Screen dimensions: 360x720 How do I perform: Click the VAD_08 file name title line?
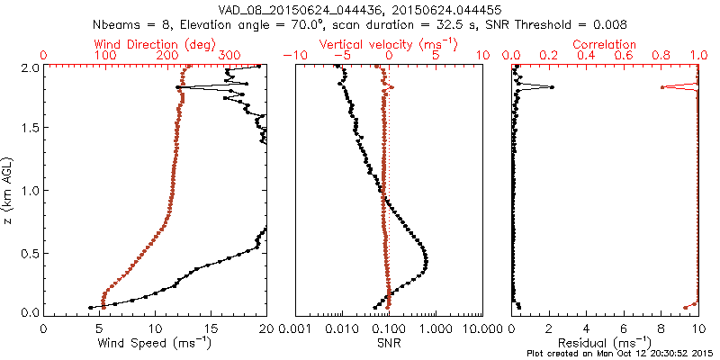(x=360, y=9)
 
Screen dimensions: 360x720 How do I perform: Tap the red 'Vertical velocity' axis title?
(x=388, y=44)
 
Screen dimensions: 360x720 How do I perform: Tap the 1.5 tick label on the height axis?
(x=29, y=129)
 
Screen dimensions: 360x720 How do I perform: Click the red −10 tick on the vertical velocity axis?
(x=295, y=56)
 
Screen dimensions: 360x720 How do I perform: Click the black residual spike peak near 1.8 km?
(x=552, y=87)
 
